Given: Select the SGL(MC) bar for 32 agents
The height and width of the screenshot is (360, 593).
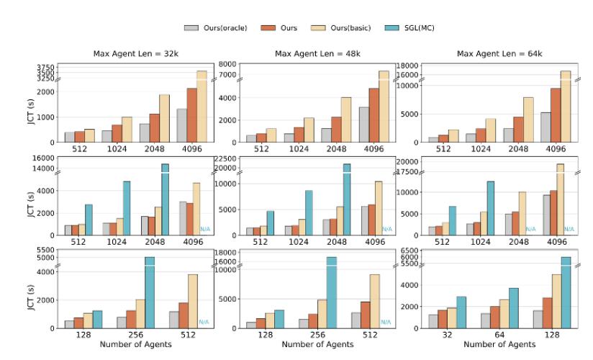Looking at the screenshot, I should (x=461, y=312).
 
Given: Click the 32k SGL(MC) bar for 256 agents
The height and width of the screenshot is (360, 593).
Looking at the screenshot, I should (x=150, y=292).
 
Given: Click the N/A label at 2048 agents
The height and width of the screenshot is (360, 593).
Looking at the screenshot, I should (x=531, y=229).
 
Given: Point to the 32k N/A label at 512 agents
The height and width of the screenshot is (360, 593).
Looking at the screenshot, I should (x=204, y=322).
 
